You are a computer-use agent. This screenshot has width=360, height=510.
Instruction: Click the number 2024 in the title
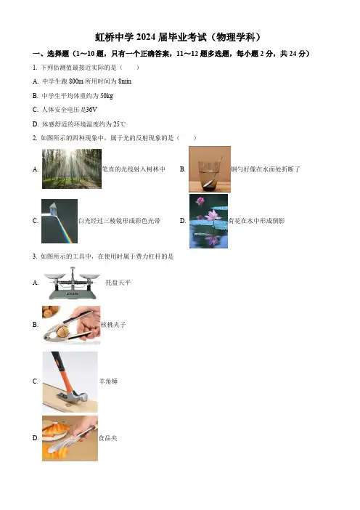(146, 37)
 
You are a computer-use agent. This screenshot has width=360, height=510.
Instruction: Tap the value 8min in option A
(125, 81)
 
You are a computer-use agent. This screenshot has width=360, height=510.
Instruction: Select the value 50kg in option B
(107, 96)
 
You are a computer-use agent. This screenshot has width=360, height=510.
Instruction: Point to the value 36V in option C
(91, 110)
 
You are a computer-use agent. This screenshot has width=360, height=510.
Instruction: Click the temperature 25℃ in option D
(119, 124)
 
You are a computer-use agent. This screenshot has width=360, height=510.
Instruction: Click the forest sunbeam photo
(72, 169)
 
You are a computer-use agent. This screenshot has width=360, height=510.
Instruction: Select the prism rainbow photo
(60, 221)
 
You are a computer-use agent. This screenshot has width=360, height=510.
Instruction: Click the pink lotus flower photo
(208, 221)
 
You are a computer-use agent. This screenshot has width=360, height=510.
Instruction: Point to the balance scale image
(72, 283)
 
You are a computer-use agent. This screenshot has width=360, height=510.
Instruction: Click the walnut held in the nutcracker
(62, 332)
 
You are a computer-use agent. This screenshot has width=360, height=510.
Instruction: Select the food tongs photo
(70, 438)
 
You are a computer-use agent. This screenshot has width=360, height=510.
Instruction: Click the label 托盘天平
(118, 283)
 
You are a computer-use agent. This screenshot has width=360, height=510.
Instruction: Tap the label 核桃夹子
(113, 325)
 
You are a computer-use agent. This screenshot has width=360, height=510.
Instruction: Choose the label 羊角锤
(109, 381)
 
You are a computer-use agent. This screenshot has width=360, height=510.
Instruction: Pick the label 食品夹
(108, 438)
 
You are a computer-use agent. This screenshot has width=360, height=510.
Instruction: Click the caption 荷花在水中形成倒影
(256, 221)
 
